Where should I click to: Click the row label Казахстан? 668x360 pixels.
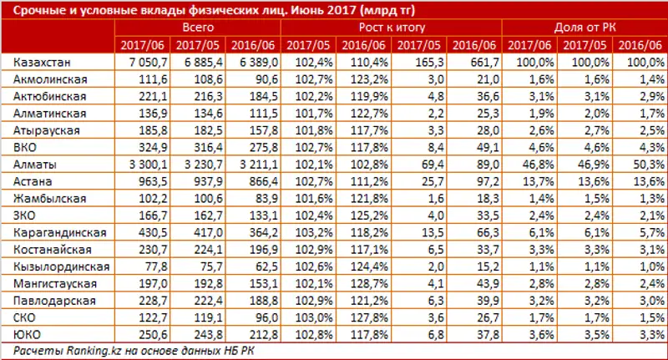click(x=39, y=63)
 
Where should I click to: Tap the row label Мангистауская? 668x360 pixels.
click(x=53, y=284)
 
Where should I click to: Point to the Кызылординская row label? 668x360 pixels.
click(x=57, y=267)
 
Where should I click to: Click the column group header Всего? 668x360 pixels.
click(x=197, y=28)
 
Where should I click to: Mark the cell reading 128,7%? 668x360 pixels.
click(x=374, y=284)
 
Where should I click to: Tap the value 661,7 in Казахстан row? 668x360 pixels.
click(x=483, y=63)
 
